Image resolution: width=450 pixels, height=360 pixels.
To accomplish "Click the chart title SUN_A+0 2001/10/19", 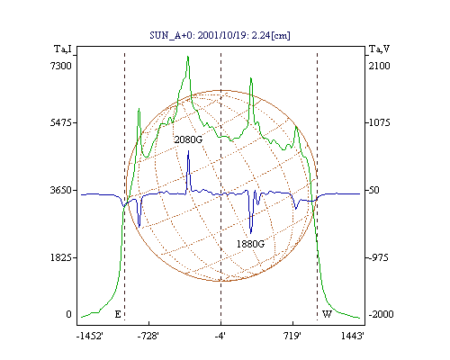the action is pos(220,35).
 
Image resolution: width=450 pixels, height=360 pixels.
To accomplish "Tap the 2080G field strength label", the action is pos(188,139).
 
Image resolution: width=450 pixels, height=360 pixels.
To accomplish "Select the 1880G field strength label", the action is pos(251,244).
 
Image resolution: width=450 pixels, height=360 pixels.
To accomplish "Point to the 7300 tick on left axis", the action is pos(61,66).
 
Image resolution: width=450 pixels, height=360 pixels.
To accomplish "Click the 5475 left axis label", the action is pos(61,122).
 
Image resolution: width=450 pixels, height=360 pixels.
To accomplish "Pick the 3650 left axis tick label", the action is pos(61,190).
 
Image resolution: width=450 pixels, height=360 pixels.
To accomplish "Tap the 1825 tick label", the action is pos(61,257).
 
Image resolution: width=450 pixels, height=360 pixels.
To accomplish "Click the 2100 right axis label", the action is pos(379,66).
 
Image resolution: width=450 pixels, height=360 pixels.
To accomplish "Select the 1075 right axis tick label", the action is pos(379,122).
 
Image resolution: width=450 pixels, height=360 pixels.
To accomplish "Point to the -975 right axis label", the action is pos(379,257).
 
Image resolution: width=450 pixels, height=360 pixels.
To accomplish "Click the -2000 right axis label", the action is pos(381,314).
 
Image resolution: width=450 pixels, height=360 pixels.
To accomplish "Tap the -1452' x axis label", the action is pos(90,336).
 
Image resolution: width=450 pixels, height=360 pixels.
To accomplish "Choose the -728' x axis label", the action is pos(148,336).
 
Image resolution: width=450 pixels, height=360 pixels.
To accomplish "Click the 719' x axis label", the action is pos(292,336).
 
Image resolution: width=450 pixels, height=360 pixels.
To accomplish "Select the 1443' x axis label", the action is pos(353,336).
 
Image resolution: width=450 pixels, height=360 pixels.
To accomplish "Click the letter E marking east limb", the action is pos(118,314).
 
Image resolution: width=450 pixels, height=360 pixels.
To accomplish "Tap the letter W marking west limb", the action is pos(327,314).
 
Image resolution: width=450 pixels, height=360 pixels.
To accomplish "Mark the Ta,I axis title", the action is pos(63,49).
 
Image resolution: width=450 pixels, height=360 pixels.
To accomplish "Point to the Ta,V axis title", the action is pos(380,49).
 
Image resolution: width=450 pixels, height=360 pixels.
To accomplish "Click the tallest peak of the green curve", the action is pos(188,57).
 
